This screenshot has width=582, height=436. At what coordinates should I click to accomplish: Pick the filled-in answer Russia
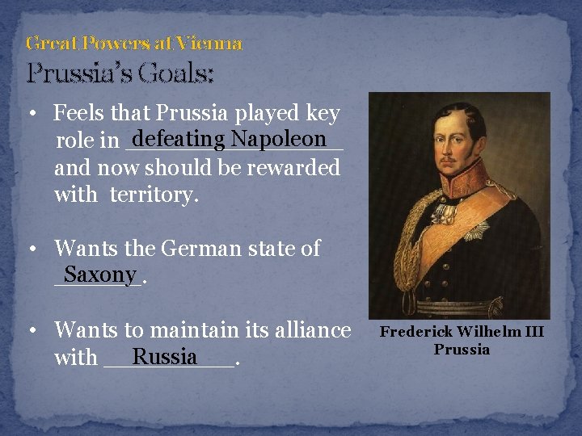pos(165,356)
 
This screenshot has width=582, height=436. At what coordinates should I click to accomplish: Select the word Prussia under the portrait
pos(462,350)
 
